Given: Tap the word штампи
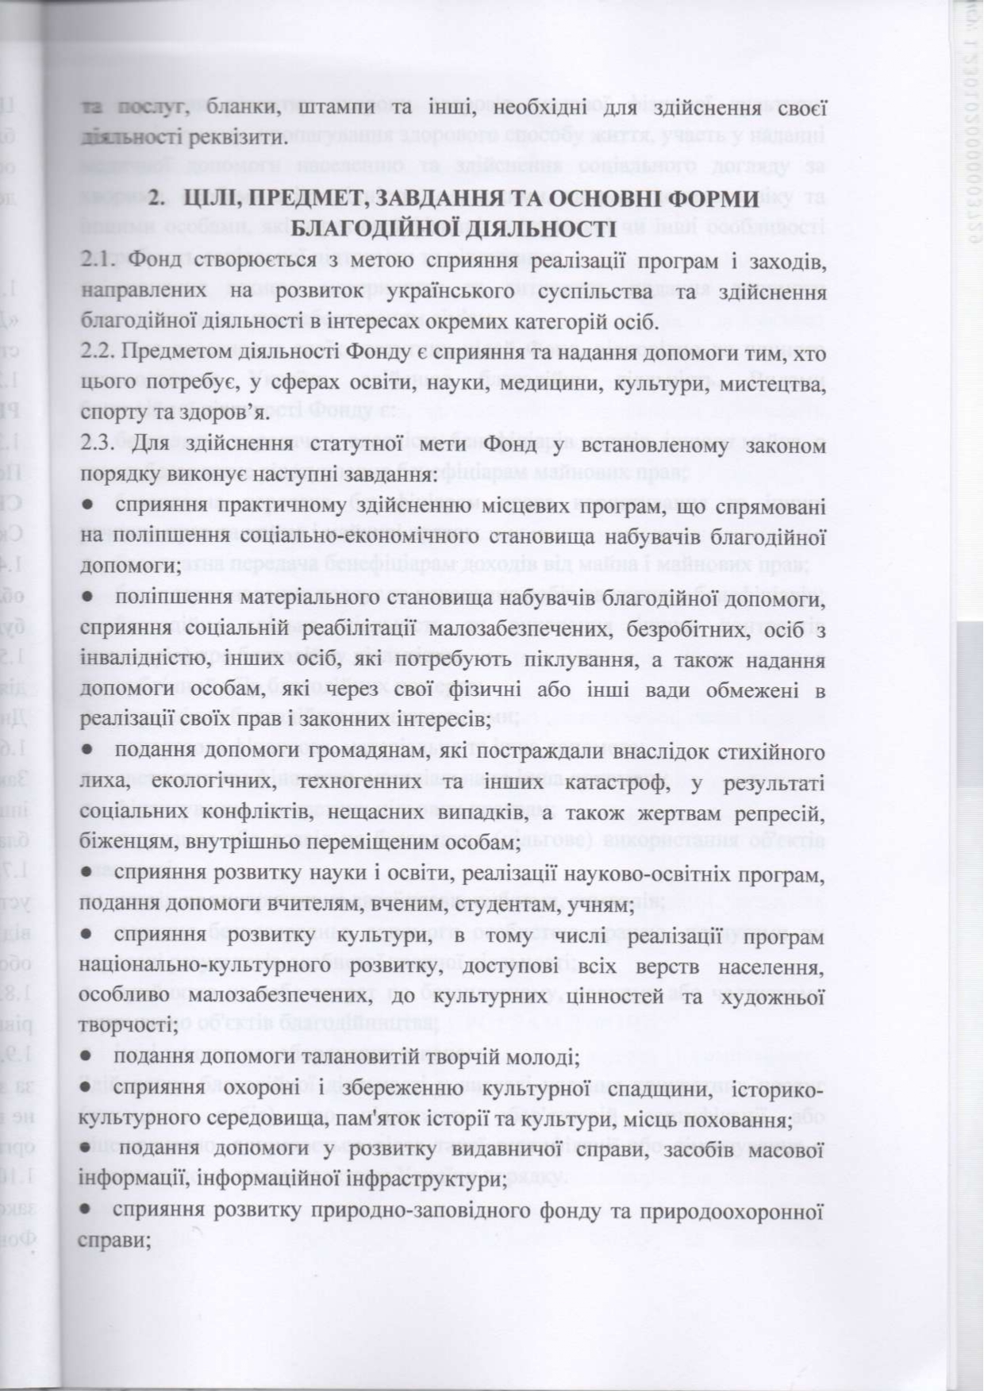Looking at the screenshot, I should [332, 108].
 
